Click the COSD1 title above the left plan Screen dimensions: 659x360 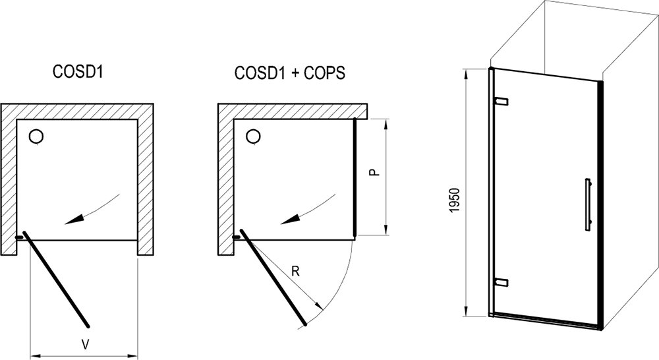[x=78, y=71]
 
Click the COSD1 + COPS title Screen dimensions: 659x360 [x=289, y=73]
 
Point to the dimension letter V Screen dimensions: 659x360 [x=85, y=345]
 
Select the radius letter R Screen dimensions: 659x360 [x=295, y=271]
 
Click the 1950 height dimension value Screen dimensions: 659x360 [x=455, y=200]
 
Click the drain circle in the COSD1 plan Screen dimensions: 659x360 [x=36, y=136]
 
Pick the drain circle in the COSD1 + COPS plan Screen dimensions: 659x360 [x=254, y=136]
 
